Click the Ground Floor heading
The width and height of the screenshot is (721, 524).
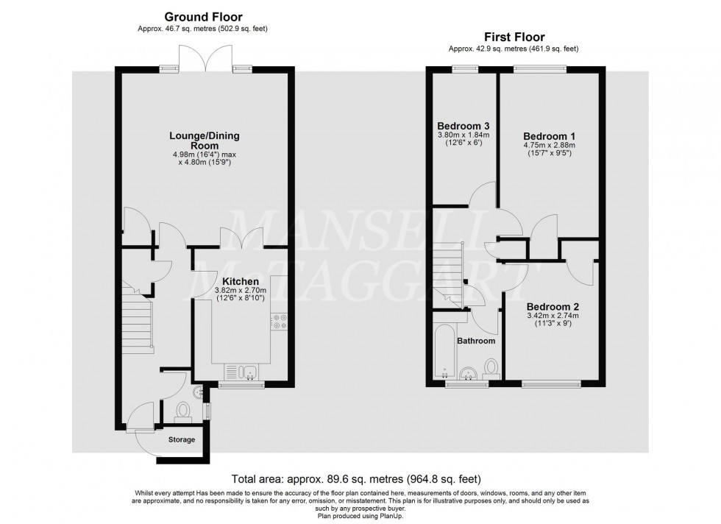(202, 17)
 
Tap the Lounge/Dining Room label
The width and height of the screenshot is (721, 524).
(205, 141)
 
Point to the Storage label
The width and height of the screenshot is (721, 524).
(181, 440)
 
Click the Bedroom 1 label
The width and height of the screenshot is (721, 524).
(549, 136)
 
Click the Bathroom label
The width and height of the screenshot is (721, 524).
(476, 341)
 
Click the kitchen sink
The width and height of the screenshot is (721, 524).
(243, 371)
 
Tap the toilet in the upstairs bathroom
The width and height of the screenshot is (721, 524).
(491, 368)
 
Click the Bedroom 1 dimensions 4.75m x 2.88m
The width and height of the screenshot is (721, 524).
(549, 146)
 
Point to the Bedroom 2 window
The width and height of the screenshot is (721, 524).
(551, 383)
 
